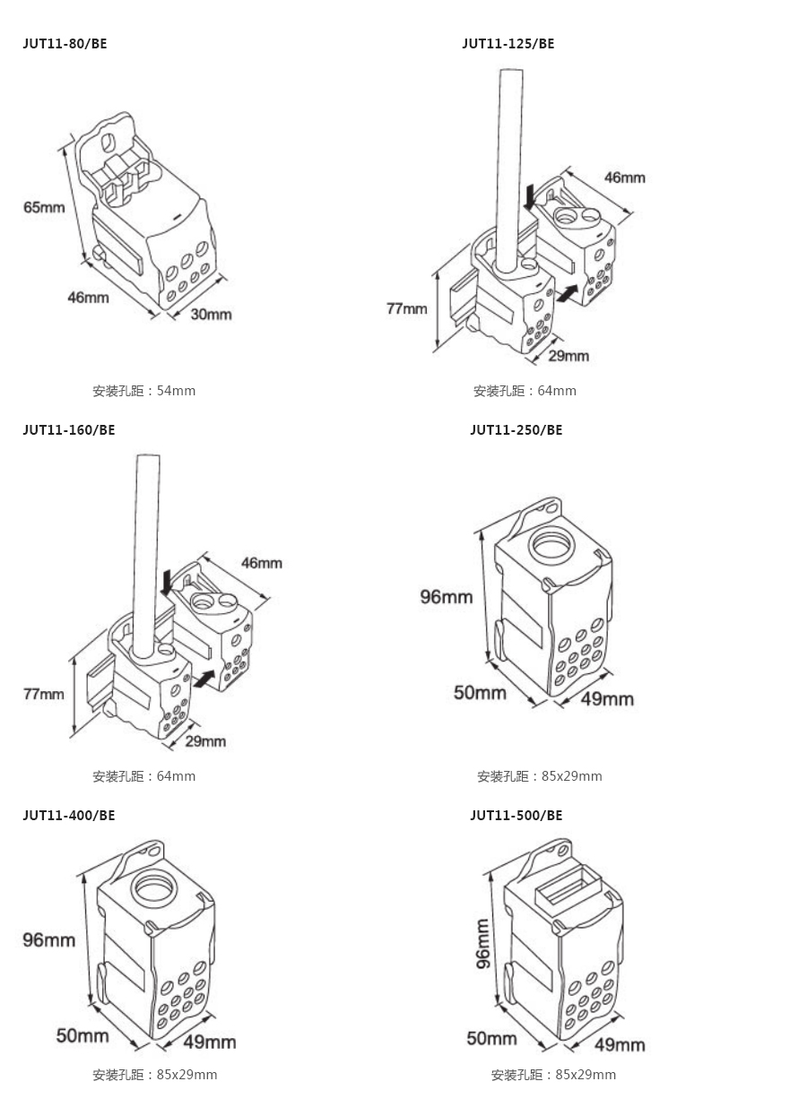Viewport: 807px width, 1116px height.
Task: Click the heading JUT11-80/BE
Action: pos(65,43)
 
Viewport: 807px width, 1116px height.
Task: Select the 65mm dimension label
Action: pos(44,207)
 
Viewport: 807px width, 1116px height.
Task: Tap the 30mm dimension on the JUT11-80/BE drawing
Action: pos(212,314)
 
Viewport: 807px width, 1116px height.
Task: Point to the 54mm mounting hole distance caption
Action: pos(143,391)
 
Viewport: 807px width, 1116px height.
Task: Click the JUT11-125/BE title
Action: pos(508,43)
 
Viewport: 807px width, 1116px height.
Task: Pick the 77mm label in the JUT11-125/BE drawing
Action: pos(406,308)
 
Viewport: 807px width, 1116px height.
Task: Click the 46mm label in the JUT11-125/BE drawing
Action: pos(624,177)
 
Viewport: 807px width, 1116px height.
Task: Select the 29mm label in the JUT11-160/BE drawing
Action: pos(205,740)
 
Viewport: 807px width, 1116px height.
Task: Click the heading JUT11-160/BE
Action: pos(69,429)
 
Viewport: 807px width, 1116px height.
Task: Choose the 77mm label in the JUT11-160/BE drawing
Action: pos(44,693)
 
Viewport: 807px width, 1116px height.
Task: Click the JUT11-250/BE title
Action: pos(516,429)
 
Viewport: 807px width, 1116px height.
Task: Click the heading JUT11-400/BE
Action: pos(69,815)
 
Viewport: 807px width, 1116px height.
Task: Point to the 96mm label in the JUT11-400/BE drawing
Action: pos(49,939)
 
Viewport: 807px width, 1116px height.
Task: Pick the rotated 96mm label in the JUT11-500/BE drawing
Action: pos(482,944)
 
